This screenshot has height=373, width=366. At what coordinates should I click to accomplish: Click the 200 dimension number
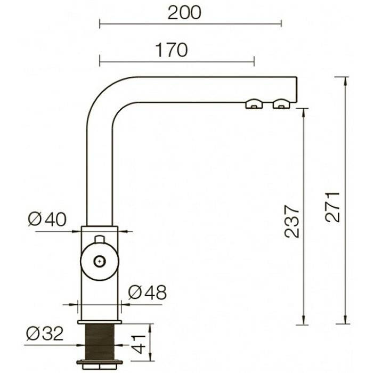[184, 13]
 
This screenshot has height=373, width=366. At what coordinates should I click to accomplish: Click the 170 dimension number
[172, 50]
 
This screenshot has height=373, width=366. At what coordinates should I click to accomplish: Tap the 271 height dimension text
[333, 207]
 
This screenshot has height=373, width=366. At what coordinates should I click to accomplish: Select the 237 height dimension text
[292, 222]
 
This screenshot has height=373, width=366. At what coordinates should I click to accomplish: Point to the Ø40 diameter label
[47, 219]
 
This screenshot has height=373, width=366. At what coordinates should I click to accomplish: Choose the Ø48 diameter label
[148, 293]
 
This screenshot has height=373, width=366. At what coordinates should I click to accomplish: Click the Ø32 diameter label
[45, 333]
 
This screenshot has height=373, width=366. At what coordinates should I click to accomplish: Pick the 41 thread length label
[139, 344]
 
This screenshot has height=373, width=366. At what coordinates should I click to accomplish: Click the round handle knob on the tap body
[100, 262]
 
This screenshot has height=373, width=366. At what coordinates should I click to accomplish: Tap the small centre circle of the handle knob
[100, 262]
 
